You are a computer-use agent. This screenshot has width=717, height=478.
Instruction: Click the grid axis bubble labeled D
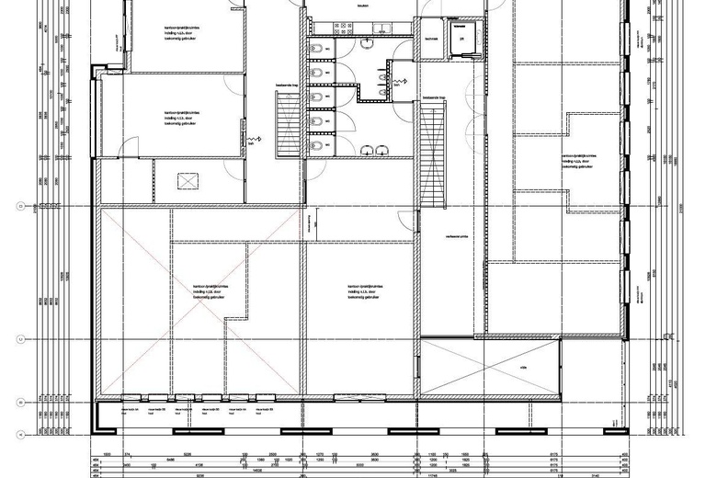pyautogui.click(x=33, y=205)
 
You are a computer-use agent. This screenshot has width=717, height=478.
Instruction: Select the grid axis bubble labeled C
pyautogui.click(x=33, y=339)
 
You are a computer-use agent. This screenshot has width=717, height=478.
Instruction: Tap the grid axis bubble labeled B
pyautogui.click(x=33, y=402)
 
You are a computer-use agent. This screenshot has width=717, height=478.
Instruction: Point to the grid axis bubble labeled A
pyautogui.click(x=33, y=432)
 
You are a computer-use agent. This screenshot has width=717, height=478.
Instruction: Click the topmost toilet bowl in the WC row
pyautogui.click(x=315, y=49)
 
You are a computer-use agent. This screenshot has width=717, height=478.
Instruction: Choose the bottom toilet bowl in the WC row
pyautogui.click(x=315, y=145)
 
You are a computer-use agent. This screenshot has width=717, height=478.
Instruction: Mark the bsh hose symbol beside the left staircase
pyautogui.click(x=254, y=140)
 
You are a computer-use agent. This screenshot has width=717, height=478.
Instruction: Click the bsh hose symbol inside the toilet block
pyautogui.click(x=400, y=83)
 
